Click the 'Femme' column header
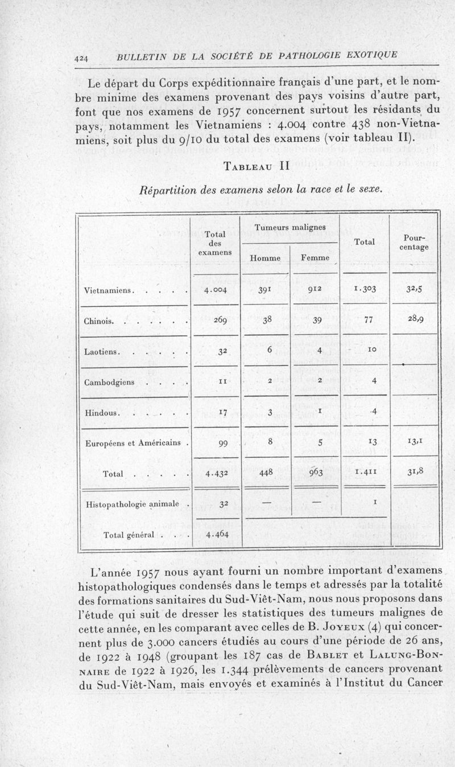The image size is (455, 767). tap(314, 259)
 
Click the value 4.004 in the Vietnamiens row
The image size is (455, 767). tap(216, 290)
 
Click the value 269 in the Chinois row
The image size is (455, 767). tap(216, 321)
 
